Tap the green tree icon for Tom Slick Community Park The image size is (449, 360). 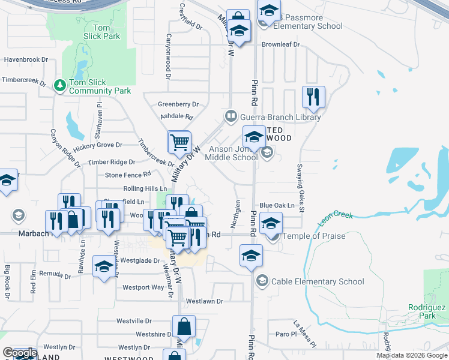(x=59, y=86)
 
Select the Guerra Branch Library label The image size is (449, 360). (x=280, y=117)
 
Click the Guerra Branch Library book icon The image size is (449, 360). (x=230, y=116)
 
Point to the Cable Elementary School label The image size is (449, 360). (x=318, y=281)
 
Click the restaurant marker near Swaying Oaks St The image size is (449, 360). (x=313, y=97)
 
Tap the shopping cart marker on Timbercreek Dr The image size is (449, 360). (x=179, y=142)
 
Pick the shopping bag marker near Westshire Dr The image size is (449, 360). (x=184, y=327)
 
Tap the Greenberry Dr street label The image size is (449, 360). (x=178, y=104)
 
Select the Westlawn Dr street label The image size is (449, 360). (x=204, y=301)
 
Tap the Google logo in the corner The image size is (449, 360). (x=20, y=353)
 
